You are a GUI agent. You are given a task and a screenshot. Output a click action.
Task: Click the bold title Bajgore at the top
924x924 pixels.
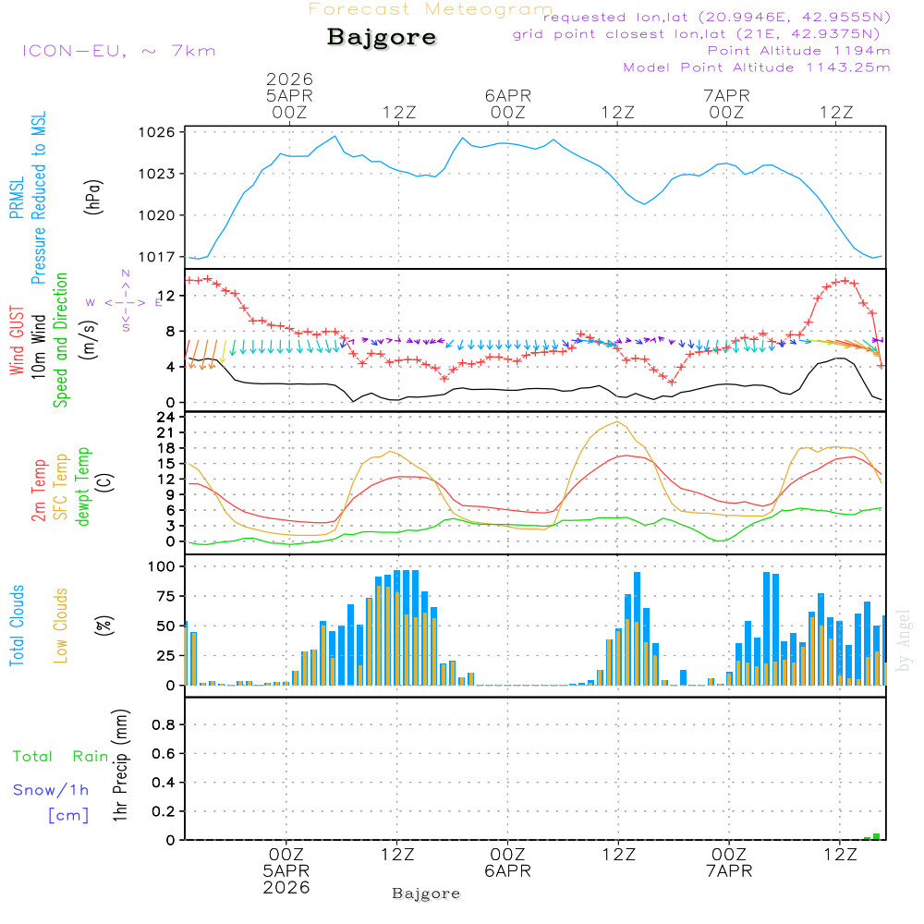382,38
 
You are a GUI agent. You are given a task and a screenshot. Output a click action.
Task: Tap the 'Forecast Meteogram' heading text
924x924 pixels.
431,9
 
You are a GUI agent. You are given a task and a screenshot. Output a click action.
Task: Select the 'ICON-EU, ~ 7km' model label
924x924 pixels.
118,51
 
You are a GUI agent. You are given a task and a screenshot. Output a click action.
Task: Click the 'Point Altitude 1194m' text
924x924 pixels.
798,51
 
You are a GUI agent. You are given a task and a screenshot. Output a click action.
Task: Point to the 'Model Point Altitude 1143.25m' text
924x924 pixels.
757,67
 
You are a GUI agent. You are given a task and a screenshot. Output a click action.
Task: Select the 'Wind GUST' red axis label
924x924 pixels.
17,344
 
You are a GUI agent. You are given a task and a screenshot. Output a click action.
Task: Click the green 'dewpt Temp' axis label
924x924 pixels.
83,487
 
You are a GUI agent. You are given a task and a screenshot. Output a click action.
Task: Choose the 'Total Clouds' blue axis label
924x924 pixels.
17,626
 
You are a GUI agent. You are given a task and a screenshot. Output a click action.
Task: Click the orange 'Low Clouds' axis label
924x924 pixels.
61,626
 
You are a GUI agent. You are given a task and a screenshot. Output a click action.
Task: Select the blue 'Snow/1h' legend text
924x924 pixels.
51,790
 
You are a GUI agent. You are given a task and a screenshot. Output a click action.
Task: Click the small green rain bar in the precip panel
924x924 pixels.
876,836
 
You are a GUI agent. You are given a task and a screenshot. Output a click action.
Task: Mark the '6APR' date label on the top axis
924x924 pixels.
507,95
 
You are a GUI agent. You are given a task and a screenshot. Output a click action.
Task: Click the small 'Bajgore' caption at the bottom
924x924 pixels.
426,894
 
